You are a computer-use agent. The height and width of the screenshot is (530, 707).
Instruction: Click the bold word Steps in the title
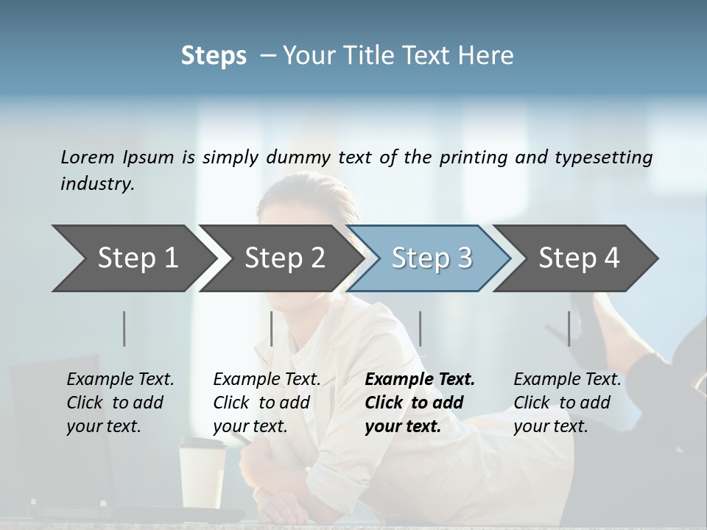[214, 56]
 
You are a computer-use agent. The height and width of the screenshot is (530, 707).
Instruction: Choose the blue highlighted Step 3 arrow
[432, 258]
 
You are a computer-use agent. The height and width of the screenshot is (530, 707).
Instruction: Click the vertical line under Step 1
[124, 328]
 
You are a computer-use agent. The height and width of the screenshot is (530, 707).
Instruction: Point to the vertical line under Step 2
[272, 328]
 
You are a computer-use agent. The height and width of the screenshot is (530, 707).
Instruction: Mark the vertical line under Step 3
[421, 328]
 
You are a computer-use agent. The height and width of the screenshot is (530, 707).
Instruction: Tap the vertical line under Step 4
[569, 328]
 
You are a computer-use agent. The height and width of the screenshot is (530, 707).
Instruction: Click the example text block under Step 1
[120, 403]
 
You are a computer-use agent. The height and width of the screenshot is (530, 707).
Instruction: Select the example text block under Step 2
[267, 403]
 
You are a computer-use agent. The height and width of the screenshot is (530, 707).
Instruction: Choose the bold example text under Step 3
[420, 403]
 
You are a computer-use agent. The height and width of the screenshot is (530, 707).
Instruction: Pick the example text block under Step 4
[567, 403]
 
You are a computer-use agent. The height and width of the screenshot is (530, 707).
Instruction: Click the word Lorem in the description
[88, 157]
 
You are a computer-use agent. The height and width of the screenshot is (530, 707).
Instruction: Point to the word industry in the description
[96, 184]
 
